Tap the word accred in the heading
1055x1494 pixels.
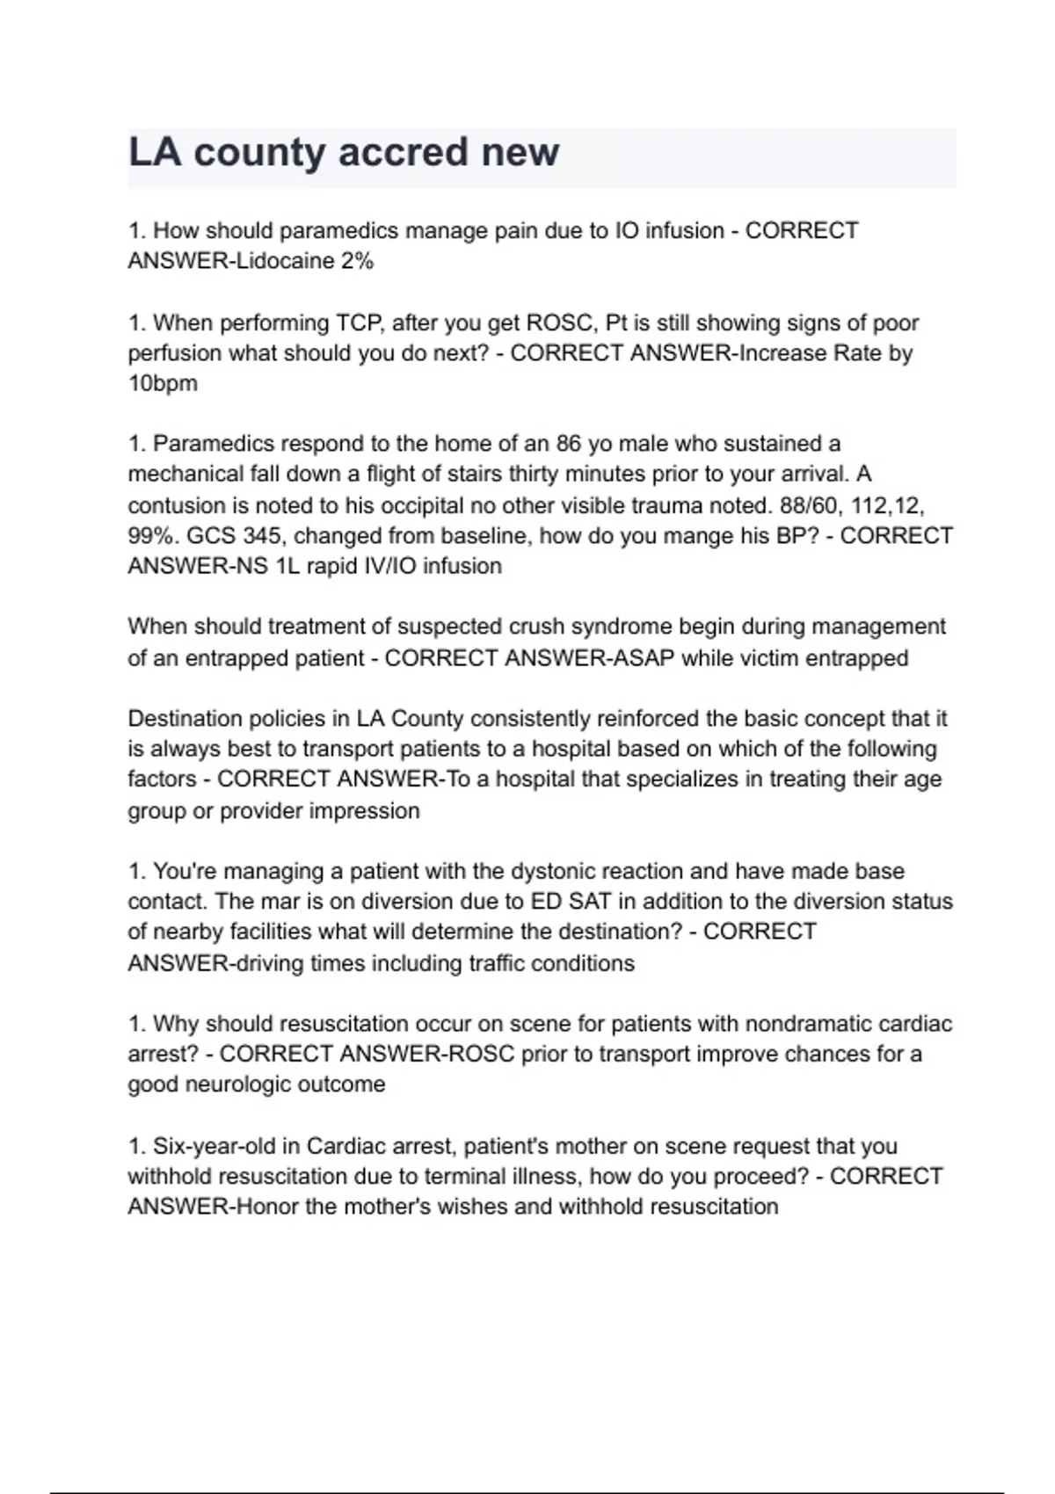point(404,152)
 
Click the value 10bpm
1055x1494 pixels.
point(163,383)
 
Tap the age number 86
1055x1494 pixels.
point(568,444)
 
